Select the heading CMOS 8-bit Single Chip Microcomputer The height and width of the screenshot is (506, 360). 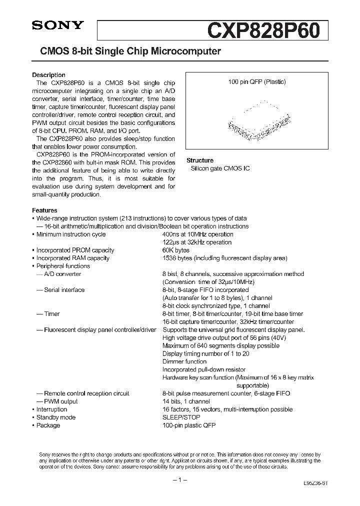(x=126, y=51)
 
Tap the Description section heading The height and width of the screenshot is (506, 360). (x=48, y=75)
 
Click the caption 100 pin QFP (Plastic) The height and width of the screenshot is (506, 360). (x=257, y=82)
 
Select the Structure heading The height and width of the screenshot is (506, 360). (x=199, y=160)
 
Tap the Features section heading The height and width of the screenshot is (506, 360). (x=44, y=210)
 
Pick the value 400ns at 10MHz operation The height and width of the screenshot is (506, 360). (x=197, y=234)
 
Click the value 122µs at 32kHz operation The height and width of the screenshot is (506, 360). (x=197, y=242)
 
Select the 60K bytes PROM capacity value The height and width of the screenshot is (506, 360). (x=176, y=250)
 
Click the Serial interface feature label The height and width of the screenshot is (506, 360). (x=64, y=290)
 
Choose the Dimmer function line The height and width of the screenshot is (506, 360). (x=184, y=361)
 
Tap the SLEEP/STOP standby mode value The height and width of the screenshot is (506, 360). (x=181, y=417)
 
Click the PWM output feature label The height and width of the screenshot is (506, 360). (x=60, y=401)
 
